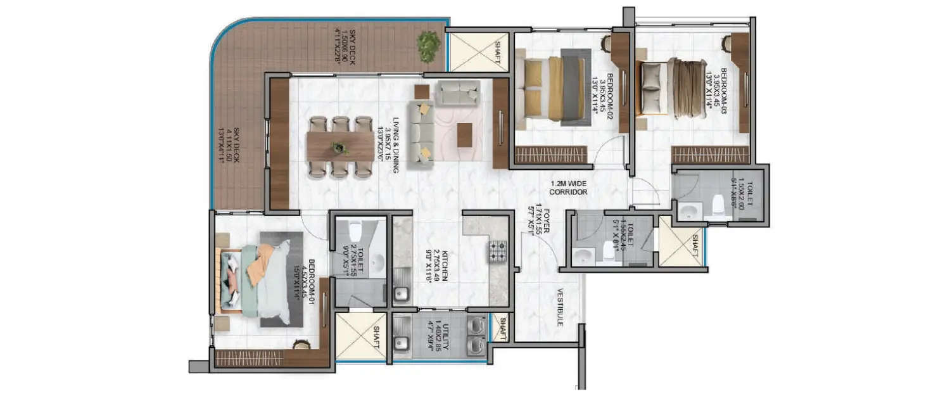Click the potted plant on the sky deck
click(x=429, y=46)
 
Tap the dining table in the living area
click(x=339, y=146)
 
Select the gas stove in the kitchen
click(x=498, y=250)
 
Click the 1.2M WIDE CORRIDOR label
click(x=568, y=188)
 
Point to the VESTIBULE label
click(x=560, y=307)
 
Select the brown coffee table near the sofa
click(x=464, y=134)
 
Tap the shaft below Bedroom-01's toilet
click(x=359, y=336)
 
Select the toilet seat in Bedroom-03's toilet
click(x=718, y=205)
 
